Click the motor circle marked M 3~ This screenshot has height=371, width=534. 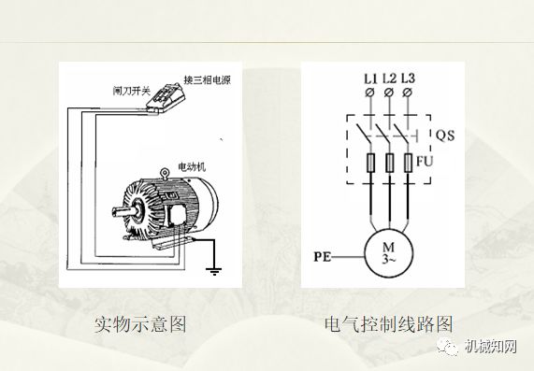388,252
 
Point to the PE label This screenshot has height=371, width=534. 322,252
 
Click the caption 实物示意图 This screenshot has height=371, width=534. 141,324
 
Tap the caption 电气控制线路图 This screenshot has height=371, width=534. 388,324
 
